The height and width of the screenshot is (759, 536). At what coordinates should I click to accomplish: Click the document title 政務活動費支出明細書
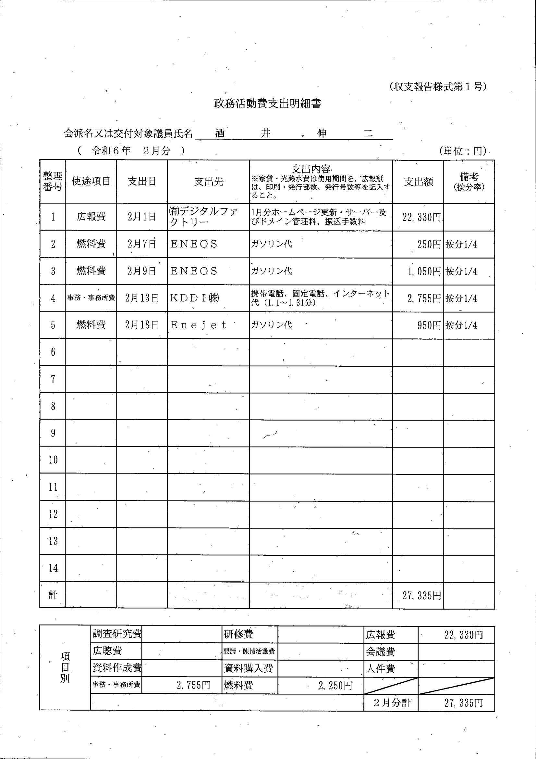click(x=267, y=104)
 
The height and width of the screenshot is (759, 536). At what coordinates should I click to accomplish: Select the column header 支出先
click(x=209, y=182)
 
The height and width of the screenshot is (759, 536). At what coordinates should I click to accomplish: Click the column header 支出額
click(x=418, y=182)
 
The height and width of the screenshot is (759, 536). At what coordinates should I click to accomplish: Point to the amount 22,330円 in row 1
click(x=421, y=217)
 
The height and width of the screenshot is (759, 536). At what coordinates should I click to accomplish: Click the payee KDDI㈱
click(x=195, y=298)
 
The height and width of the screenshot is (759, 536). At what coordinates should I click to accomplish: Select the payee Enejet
click(x=198, y=325)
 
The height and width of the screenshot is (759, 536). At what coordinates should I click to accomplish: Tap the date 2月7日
click(x=142, y=244)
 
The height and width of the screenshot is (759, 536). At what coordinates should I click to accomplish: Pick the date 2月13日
click(x=142, y=298)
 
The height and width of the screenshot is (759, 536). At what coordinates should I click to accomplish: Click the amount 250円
click(x=429, y=245)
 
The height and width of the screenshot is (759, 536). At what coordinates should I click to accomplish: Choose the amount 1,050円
click(x=424, y=272)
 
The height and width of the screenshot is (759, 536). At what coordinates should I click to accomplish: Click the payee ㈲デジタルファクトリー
click(x=203, y=217)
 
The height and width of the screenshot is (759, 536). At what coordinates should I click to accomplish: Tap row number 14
click(x=53, y=568)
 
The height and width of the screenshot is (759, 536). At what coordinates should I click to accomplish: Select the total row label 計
click(x=53, y=595)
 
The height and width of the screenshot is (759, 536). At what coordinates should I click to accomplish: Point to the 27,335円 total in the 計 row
click(x=421, y=596)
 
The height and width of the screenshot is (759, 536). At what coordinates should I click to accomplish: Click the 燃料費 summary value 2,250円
click(x=335, y=686)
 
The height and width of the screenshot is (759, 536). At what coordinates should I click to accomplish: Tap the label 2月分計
click(x=392, y=703)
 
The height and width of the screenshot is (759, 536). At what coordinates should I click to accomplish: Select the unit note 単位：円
click(x=463, y=151)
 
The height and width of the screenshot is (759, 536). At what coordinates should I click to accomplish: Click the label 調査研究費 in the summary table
click(x=117, y=634)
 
